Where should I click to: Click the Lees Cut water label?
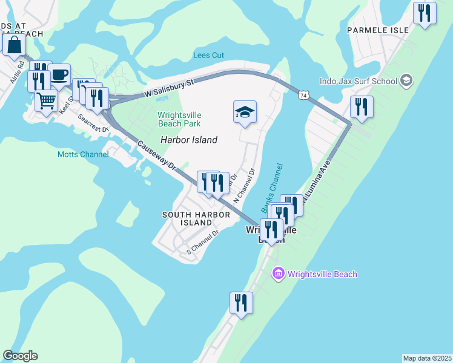click(208, 55)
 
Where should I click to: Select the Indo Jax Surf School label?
click(359, 80)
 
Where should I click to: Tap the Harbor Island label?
click(188, 140)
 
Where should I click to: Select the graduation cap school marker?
click(245, 112)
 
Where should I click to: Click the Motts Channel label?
click(83, 154)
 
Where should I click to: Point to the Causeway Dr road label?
click(156, 155)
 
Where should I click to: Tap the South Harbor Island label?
click(196, 218)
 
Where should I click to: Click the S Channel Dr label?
click(202, 241)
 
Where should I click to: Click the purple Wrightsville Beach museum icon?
click(278, 274)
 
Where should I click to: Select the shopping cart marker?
click(46, 101)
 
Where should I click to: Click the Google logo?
click(20, 356)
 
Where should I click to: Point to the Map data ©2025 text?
click(426, 358)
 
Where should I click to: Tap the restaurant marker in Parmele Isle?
click(425, 13)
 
